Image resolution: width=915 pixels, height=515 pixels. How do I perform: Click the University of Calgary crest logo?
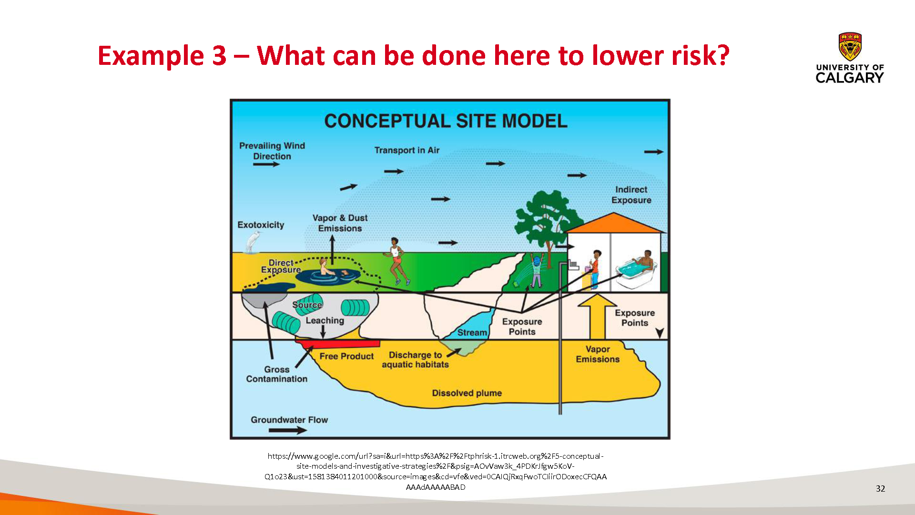click(x=850, y=47)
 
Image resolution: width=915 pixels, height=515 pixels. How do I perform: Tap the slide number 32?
click(x=880, y=488)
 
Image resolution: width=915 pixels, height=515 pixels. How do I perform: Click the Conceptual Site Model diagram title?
click(x=446, y=121)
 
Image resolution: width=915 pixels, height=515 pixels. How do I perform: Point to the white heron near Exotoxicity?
click(x=252, y=242)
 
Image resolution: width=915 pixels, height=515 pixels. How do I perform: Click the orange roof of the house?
click(x=614, y=223)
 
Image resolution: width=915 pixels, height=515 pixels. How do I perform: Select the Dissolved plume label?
click(x=467, y=393)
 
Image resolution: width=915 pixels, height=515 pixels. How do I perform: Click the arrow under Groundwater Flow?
click(x=288, y=430)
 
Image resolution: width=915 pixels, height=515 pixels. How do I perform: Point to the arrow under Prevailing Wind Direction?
click(x=266, y=165)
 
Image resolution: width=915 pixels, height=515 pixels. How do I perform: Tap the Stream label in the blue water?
click(x=472, y=332)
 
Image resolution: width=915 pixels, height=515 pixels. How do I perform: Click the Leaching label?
click(x=325, y=320)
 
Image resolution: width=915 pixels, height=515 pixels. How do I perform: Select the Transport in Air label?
click(x=407, y=150)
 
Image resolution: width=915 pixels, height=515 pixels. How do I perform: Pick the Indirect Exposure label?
click(x=631, y=195)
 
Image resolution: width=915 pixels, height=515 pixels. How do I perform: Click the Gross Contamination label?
click(x=276, y=374)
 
